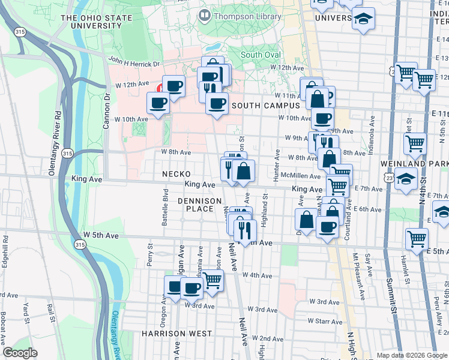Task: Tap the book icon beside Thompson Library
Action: [x=204, y=16]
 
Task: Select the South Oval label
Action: [x=261, y=55]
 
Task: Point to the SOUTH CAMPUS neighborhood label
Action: [x=265, y=106]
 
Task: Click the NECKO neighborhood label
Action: [x=176, y=174]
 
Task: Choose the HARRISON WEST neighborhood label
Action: [x=176, y=333]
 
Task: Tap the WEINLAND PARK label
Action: [x=414, y=163]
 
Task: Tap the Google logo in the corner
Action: [x=20, y=353]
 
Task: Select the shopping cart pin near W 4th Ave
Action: [x=212, y=280]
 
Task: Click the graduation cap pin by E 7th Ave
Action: [x=406, y=179]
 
